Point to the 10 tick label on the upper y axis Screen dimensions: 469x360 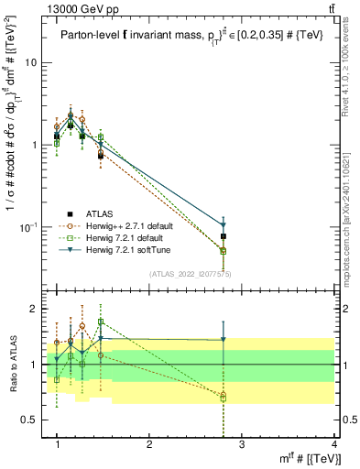tap(30, 63)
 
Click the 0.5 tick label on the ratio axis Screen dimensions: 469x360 tap(29, 420)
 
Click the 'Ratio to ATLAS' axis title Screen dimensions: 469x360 tap(12, 365)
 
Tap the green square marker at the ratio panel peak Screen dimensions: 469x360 tap(101, 322)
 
